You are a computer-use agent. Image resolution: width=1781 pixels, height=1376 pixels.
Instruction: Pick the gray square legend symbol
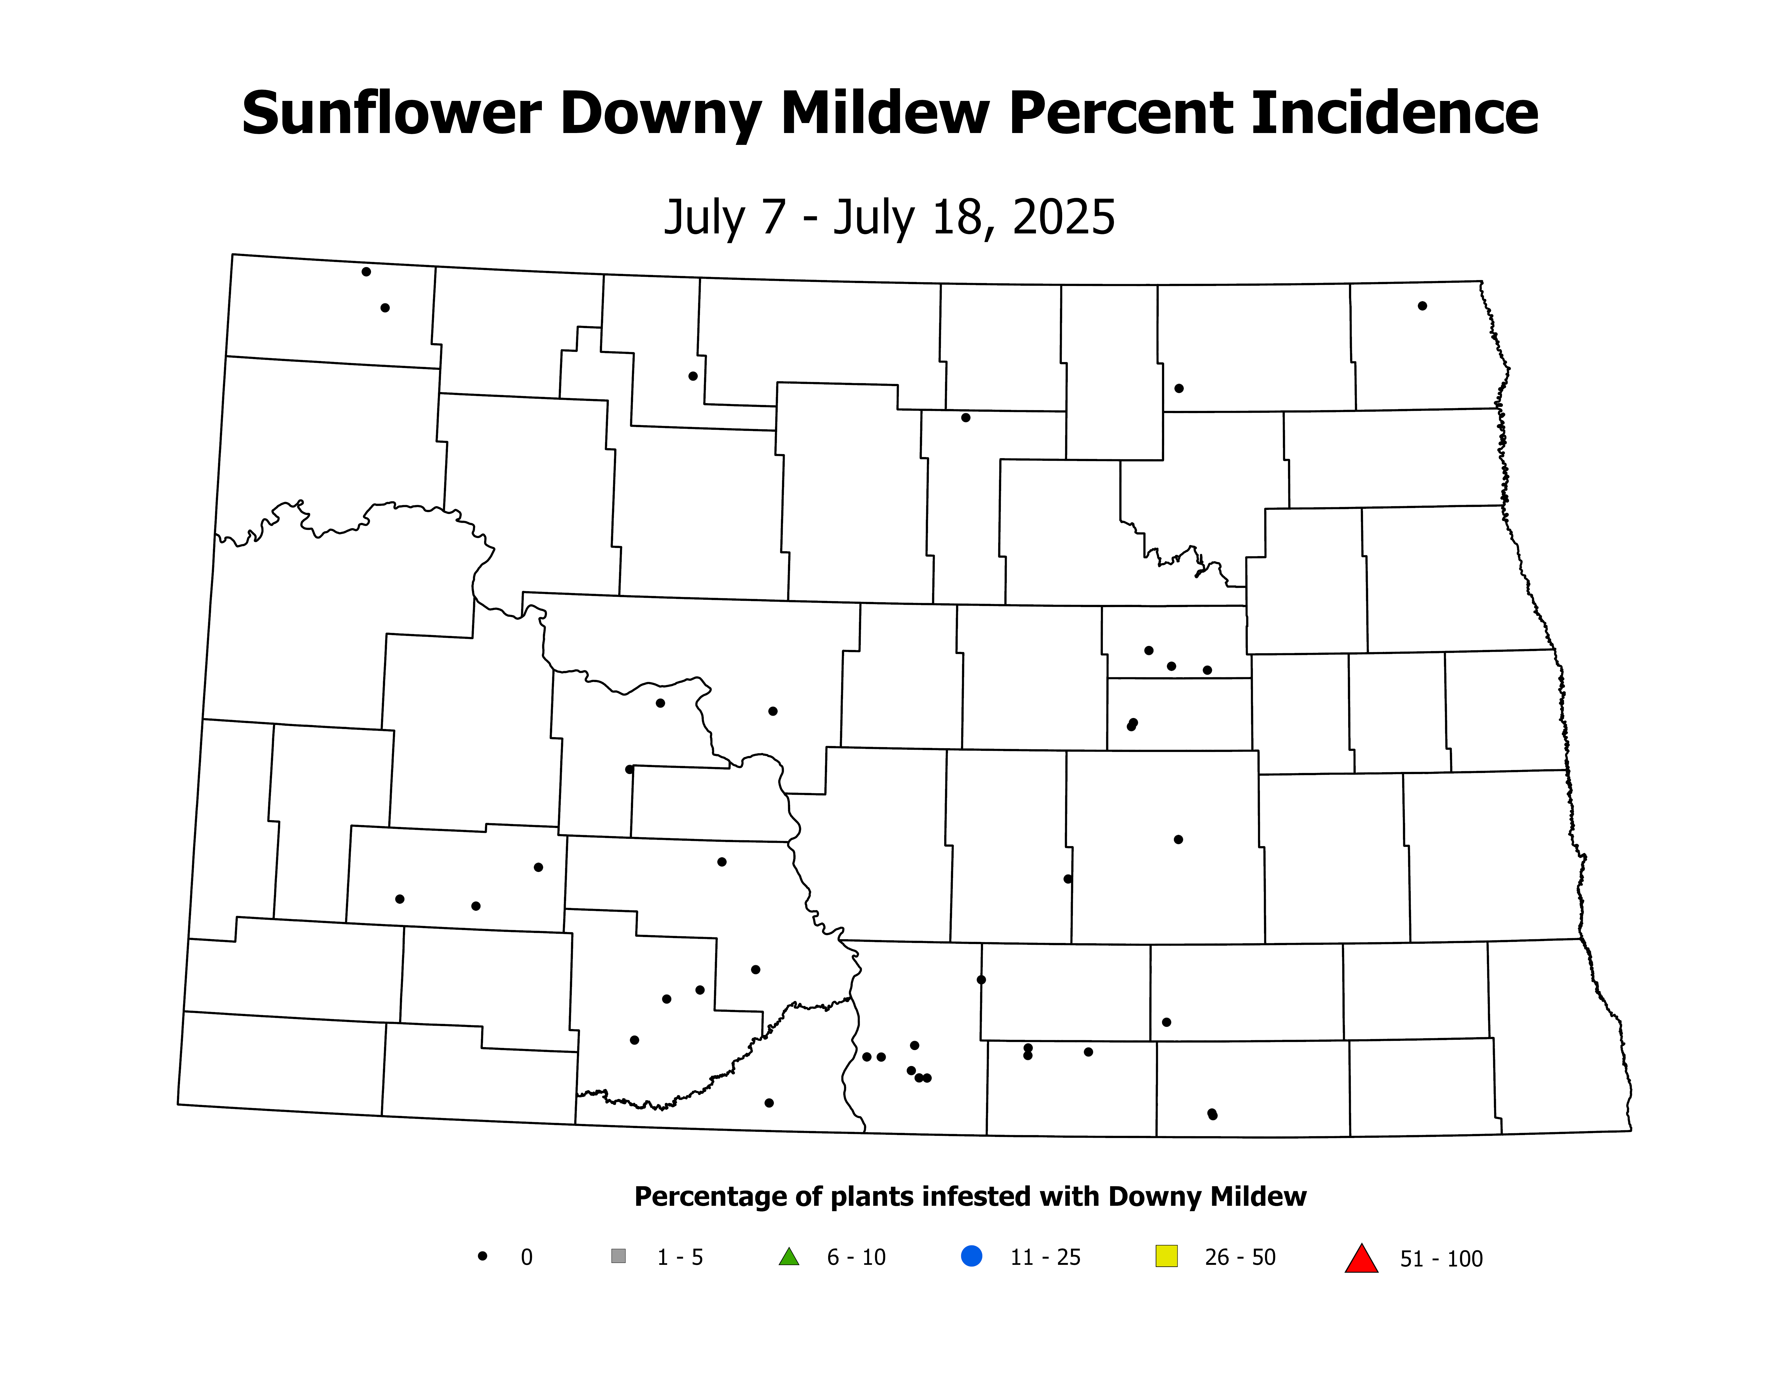618,1256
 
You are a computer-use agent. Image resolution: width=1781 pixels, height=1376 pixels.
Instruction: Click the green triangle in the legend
788,1257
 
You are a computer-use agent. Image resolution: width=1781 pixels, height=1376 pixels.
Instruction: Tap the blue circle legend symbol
971,1256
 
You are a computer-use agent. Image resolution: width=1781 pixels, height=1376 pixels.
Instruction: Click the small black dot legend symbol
483,1256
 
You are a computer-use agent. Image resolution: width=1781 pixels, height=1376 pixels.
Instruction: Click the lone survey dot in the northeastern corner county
1422,306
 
